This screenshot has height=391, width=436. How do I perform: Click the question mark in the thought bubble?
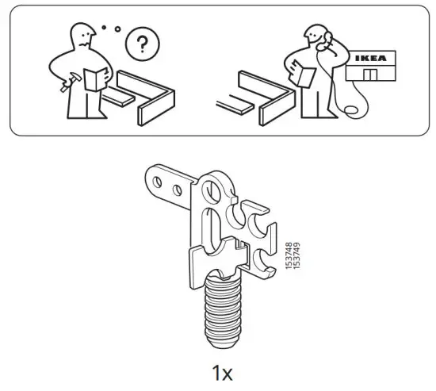tap(142, 44)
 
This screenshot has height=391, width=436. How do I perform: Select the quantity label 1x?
tap(221, 371)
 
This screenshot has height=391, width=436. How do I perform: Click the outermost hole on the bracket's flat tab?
tap(159, 185)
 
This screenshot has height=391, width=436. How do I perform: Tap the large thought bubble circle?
tap(142, 44)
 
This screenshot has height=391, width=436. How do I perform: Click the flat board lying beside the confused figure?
tap(124, 96)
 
